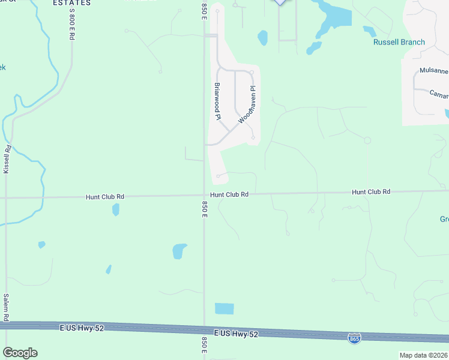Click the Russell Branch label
tap(399, 42)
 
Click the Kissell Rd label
tap(7, 160)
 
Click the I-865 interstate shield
tap(354, 338)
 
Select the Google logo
tap(20, 353)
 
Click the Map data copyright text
tap(423, 355)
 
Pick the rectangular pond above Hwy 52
tap(224, 308)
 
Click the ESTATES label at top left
tap(71, 3)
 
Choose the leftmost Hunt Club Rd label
tap(104, 196)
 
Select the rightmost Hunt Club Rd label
tap(371, 191)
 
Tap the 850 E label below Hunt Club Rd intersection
tap(205, 209)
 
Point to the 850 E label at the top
tap(204, 10)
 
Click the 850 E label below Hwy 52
tap(205, 345)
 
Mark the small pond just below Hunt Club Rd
tap(115, 209)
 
